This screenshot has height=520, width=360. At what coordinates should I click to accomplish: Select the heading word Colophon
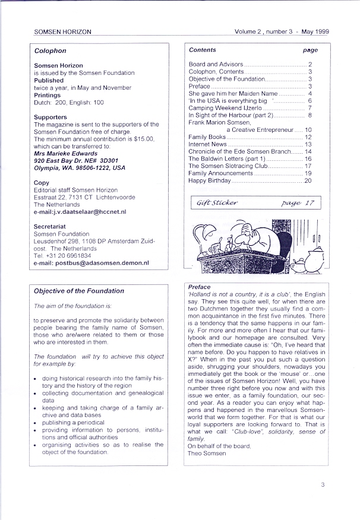50,51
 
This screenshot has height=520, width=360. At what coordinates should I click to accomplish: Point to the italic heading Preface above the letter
199,287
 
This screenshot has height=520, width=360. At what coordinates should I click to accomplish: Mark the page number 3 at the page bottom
323,484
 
